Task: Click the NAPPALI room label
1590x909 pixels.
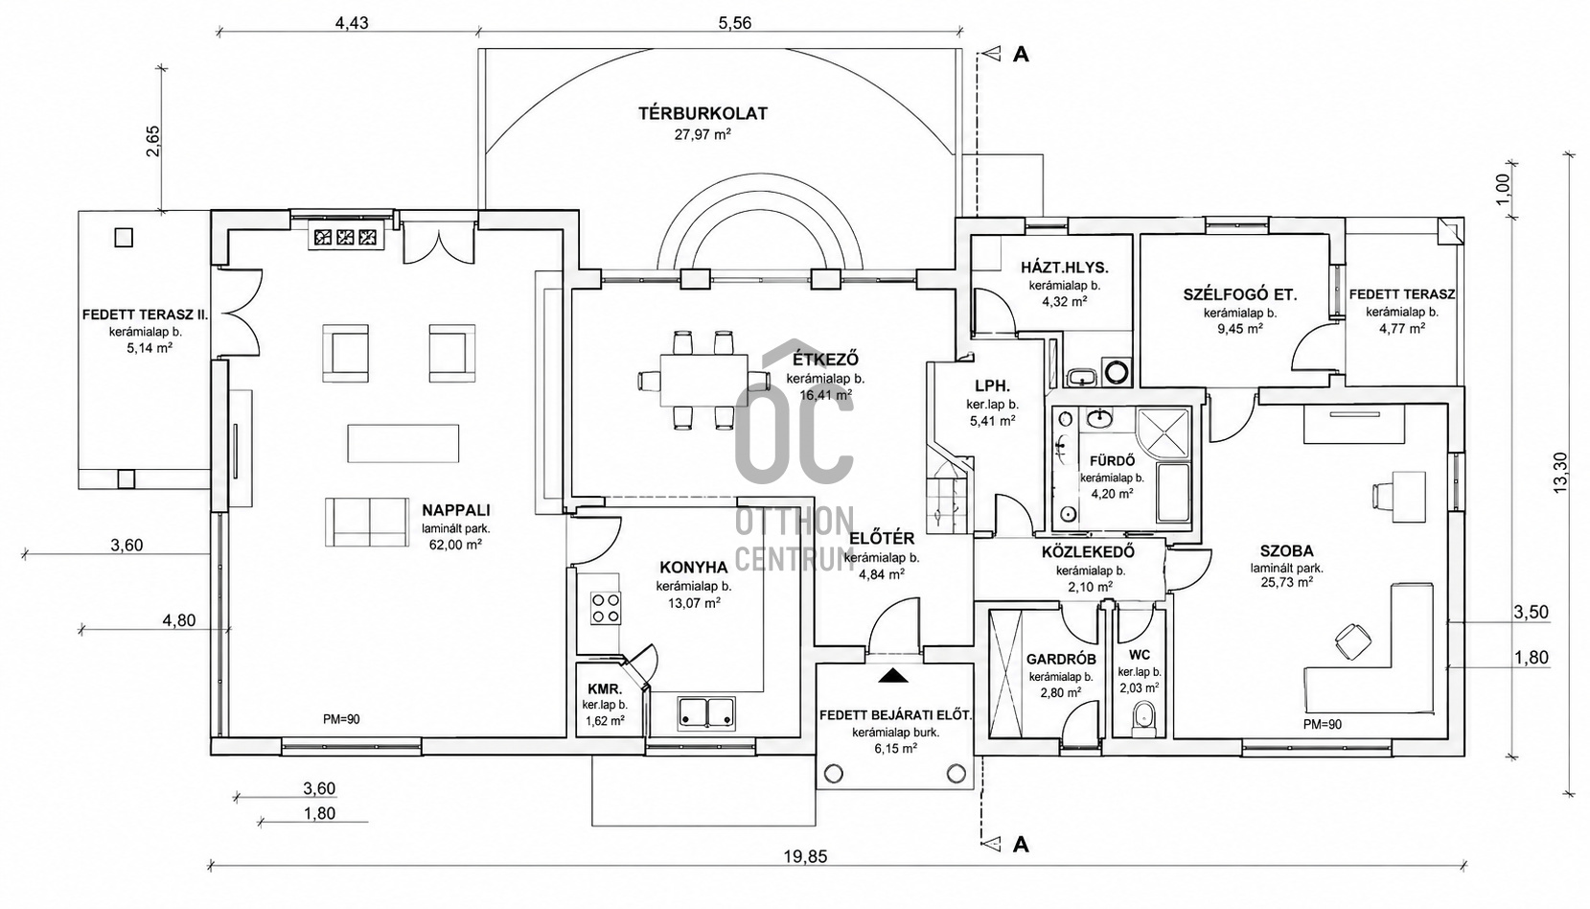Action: point(455,510)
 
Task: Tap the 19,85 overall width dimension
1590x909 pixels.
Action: point(805,856)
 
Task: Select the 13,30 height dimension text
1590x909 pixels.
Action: point(1560,473)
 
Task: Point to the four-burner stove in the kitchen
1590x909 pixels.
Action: point(606,608)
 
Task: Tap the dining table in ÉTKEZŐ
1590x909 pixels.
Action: point(704,381)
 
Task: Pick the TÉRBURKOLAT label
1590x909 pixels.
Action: point(703,113)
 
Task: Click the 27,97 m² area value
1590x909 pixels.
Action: point(703,135)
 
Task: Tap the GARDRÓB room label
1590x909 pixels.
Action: point(1061,660)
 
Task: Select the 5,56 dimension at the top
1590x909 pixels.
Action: point(735,23)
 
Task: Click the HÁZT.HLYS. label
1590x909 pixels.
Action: point(1065,268)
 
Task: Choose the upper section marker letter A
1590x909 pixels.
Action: point(1020,55)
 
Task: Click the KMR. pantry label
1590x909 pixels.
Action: point(605,688)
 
